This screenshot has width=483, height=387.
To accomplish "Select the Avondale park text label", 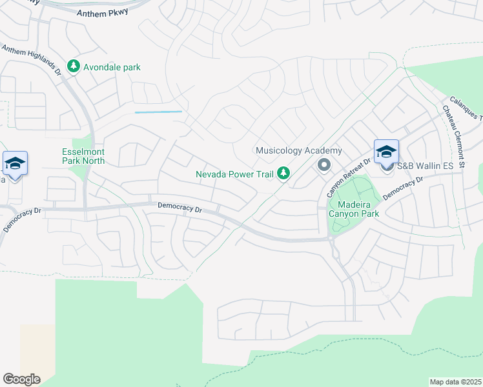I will click(x=110, y=67).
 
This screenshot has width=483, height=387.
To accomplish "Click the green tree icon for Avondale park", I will click(x=74, y=66).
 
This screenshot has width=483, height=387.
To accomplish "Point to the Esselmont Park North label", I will click(x=83, y=155).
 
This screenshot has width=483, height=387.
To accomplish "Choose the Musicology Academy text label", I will click(x=298, y=151).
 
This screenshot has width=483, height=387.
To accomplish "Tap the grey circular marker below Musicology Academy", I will click(x=324, y=166).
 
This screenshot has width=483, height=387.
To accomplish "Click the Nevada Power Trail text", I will click(x=236, y=174).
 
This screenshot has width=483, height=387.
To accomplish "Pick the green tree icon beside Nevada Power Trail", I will click(x=283, y=174).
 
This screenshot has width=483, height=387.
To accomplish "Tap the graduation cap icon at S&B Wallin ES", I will click(x=386, y=152).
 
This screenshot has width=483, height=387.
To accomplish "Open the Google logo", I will click(x=21, y=379).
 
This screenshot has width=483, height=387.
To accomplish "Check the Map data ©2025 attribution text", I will click(x=455, y=382).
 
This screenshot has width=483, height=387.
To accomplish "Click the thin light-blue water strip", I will click(x=158, y=112).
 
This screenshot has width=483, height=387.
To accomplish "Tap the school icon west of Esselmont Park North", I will click(x=15, y=163).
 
